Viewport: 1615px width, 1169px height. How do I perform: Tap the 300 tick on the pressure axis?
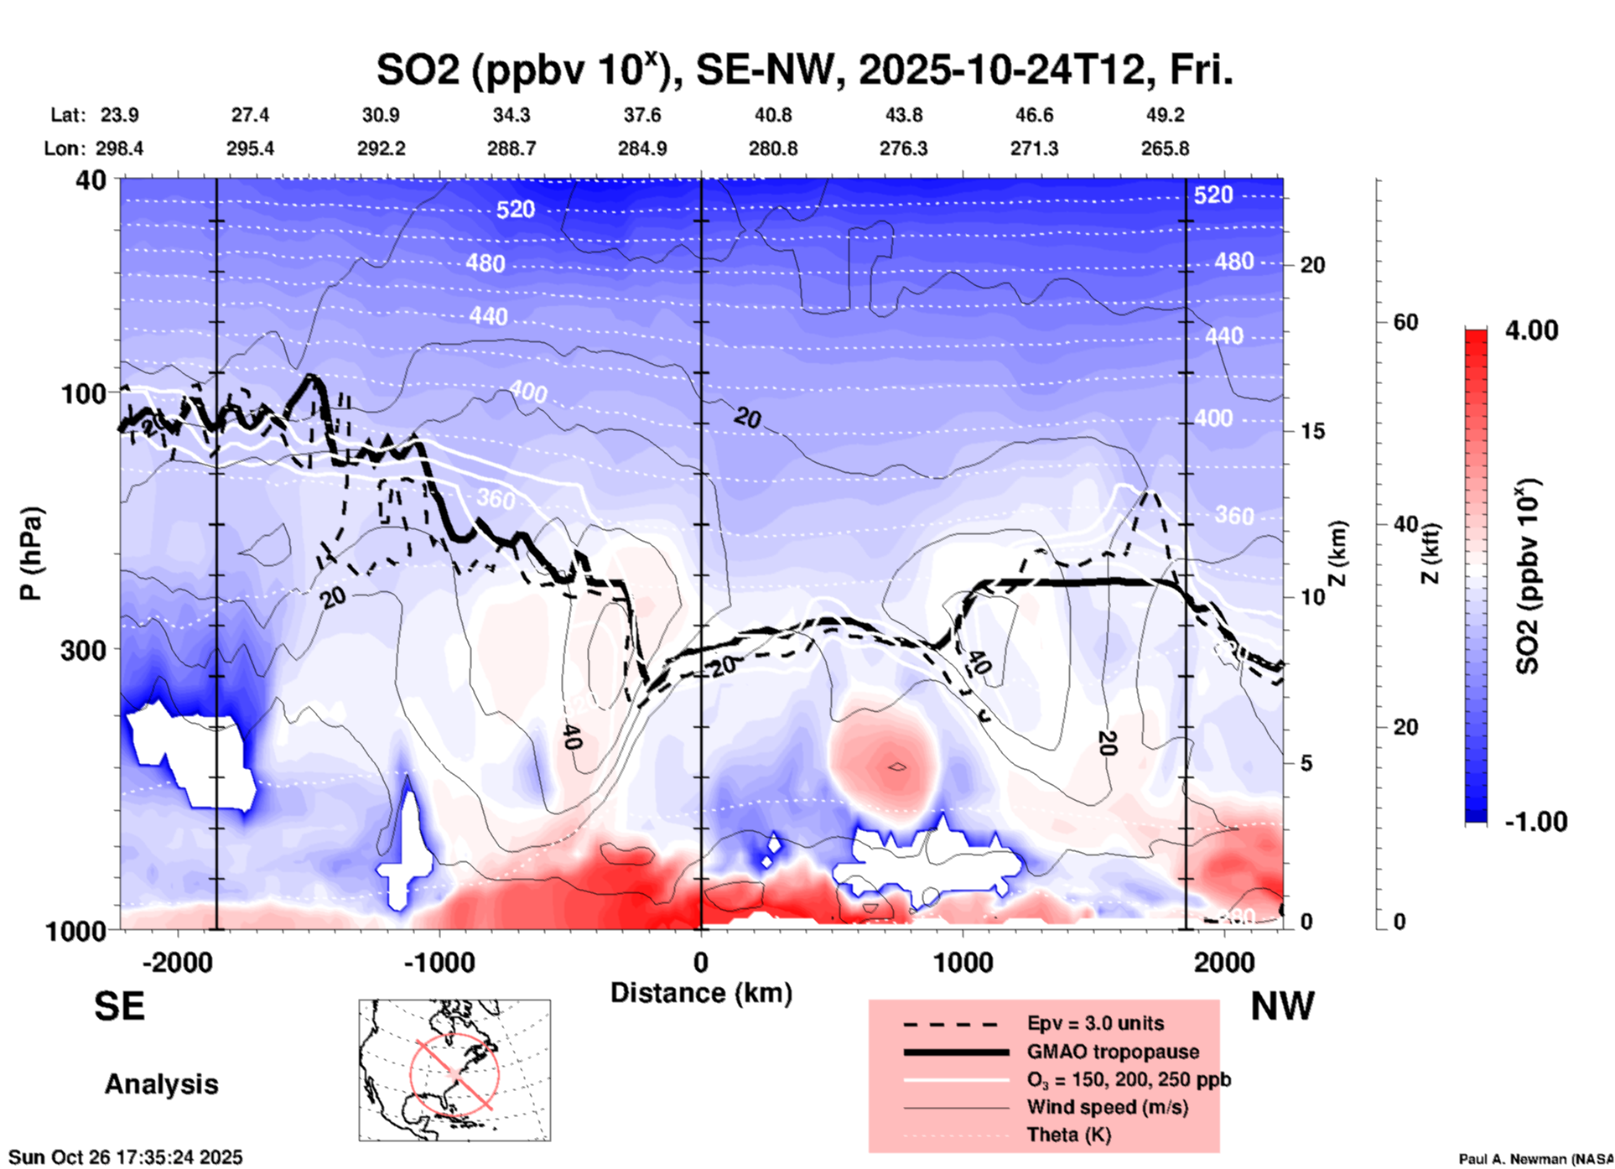pyautogui.click(x=84, y=650)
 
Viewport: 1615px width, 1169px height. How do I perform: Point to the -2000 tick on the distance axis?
pyautogui.click(x=177, y=962)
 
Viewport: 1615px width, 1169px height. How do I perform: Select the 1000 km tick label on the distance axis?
pyautogui.click(x=962, y=962)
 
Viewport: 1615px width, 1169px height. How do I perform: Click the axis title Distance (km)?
pyautogui.click(x=701, y=993)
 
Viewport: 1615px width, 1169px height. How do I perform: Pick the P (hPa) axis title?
pyautogui.click(x=31, y=553)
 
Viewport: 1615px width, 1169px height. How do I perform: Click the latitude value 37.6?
pyautogui.click(x=642, y=115)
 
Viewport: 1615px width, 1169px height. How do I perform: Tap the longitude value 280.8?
pyautogui.click(x=773, y=148)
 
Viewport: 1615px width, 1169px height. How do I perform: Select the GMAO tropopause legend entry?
pyautogui.click(x=1112, y=1052)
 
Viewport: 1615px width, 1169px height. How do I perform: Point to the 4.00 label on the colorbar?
pyautogui.click(x=1531, y=330)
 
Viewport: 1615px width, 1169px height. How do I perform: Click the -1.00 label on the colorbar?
pyautogui.click(x=1535, y=822)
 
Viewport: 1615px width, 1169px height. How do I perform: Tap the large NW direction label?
pyautogui.click(x=1282, y=1006)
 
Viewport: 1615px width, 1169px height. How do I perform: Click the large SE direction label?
pyautogui.click(x=119, y=1006)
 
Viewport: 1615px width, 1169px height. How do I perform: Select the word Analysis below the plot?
pyautogui.click(x=161, y=1084)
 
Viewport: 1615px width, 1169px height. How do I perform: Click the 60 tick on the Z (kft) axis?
pyautogui.click(x=1405, y=322)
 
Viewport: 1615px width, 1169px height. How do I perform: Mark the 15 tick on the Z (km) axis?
pyautogui.click(x=1312, y=431)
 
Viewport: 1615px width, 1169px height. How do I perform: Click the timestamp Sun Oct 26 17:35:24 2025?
pyautogui.click(x=126, y=1157)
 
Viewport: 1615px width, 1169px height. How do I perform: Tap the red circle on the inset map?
pyautogui.click(x=454, y=1073)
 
